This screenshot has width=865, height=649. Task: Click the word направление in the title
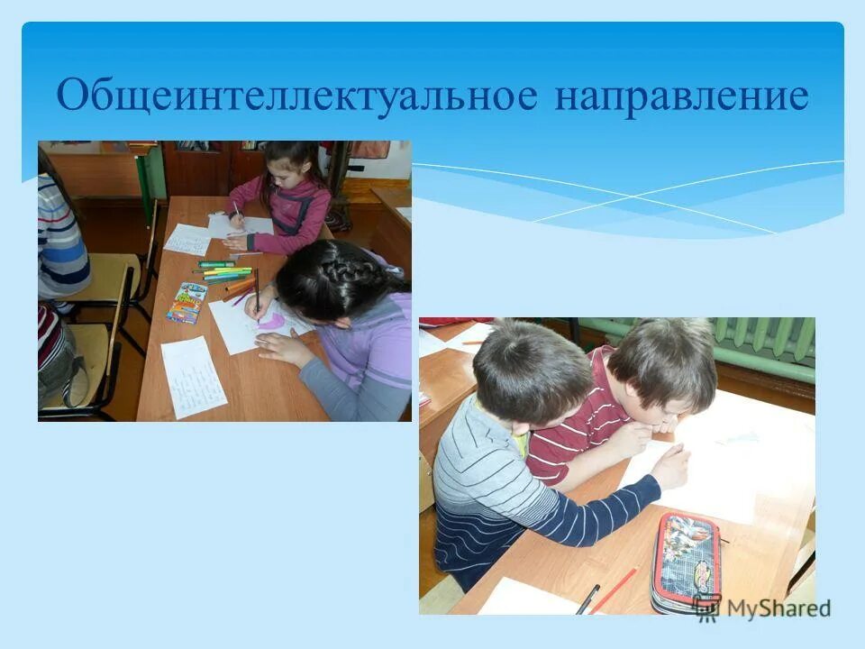coord(681,96)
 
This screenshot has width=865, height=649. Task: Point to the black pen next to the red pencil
coord(587,598)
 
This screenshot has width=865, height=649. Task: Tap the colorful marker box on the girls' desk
coord(187,303)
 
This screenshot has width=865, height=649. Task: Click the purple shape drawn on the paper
coord(272,321)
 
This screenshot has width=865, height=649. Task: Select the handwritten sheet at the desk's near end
coord(193,376)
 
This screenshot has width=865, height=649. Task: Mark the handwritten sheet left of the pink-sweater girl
coord(188,239)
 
